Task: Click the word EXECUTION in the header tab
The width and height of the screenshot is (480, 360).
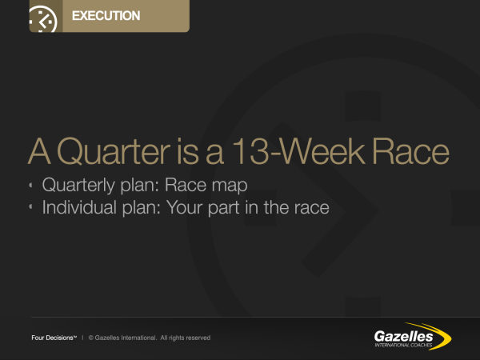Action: coord(106,16)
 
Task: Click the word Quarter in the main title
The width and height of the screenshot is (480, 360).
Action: coord(114,151)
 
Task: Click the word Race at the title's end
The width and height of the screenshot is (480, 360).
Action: coord(411,151)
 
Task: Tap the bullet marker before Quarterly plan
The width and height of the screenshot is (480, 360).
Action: coord(30,185)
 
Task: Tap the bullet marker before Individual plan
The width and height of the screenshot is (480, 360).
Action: coord(30,207)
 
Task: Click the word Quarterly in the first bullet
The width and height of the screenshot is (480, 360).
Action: coord(78,186)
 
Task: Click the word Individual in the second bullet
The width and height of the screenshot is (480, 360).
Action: coord(80,207)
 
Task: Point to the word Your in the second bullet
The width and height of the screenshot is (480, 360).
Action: coord(185,207)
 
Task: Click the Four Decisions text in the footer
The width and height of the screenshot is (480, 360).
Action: coord(54,338)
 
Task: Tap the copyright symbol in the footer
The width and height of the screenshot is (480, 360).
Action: coord(91,338)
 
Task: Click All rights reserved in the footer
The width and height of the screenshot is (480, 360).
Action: coord(186,338)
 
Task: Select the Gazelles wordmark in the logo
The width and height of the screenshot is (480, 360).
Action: coord(403,337)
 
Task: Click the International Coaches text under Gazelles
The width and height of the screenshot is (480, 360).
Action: coord(403,346)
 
